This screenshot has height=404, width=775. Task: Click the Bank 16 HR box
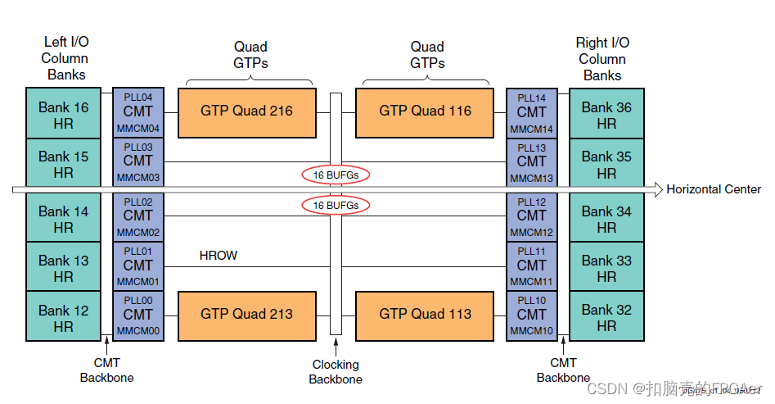(64, 115)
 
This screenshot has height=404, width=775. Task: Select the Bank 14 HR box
(64, 219)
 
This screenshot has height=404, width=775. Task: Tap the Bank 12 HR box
(64, 317)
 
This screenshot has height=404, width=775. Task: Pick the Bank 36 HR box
(606, 115)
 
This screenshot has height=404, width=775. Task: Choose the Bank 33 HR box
(606, 268)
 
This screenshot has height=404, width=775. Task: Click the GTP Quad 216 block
(246, 111)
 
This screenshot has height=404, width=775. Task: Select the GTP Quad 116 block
(425, 111)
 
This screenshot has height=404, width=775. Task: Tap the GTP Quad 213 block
(246, 314)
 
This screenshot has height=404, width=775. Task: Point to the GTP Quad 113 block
(425, 314)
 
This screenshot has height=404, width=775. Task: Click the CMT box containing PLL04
(138, 112)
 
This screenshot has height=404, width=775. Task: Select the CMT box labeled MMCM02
(138, 216)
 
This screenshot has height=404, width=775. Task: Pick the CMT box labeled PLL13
(531, 162)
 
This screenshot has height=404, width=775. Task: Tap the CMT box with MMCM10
(531, 315)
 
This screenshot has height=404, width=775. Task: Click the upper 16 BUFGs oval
(336, 175)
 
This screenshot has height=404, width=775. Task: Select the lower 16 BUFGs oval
(336, 205)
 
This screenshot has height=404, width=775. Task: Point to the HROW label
(219, 256)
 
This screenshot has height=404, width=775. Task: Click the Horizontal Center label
(714, 189)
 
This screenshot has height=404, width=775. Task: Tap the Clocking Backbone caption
(336, 371)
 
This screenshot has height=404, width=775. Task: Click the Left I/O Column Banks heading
(65, 58)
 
